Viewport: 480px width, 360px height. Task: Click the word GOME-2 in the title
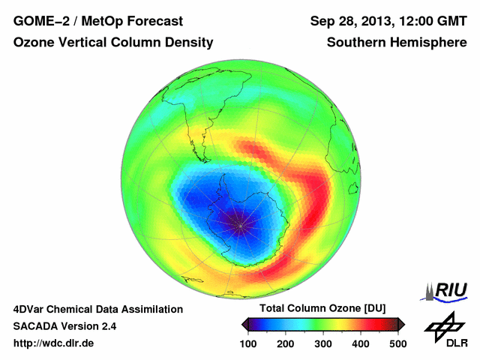coord(38,21)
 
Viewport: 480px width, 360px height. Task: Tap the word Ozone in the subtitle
coord(34,43)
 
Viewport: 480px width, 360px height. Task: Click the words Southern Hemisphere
coord(397,43)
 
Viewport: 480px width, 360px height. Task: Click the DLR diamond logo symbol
coord(443,325)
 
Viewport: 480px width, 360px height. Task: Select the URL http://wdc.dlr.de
coord(54,343)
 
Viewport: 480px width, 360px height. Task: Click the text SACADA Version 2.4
coord(65,326)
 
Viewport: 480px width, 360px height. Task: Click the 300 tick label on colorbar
coord(324,343)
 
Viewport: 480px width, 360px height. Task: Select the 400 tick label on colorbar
coord(361,343)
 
